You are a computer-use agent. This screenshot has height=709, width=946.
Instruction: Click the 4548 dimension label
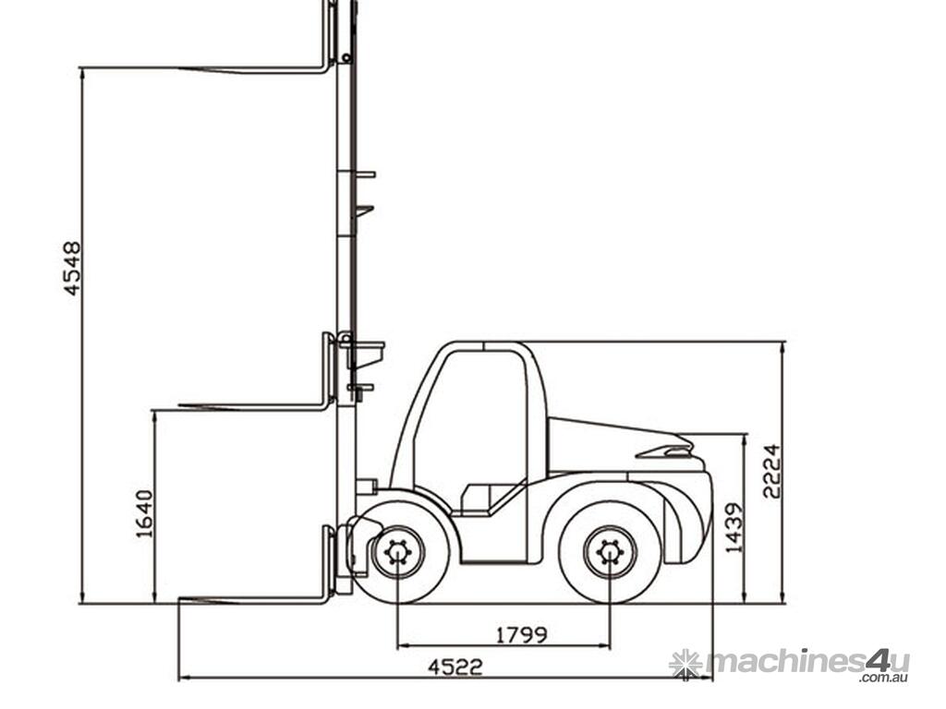[72, 269]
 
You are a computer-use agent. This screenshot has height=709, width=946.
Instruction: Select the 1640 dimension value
[145, 513]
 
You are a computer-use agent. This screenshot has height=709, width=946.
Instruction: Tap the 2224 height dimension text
[771, 471]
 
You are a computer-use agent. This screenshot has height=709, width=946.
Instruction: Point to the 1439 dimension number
[734, 527]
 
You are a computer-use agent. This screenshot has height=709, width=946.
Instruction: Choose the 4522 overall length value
[455, 667]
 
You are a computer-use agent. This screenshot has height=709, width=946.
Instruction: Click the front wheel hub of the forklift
[397, 553]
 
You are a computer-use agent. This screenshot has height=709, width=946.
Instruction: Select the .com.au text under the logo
[885, 678]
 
